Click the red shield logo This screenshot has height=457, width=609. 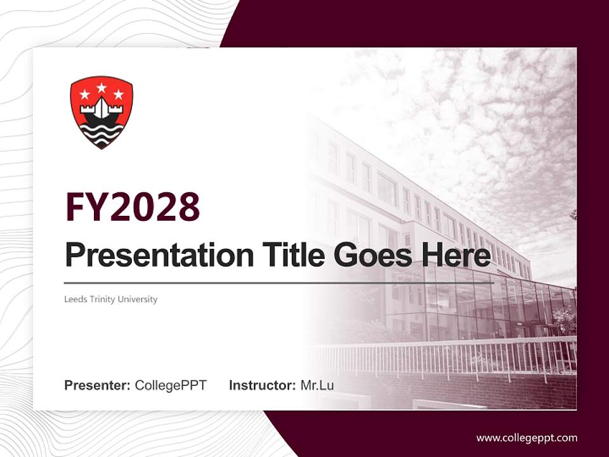click(x=101, y=112)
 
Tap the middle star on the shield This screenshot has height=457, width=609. click(x=101, y=88)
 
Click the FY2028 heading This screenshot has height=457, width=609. click(x=133, y=207)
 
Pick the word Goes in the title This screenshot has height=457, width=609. click(x=370, y=256)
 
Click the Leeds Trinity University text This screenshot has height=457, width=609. click(x=110, y=299)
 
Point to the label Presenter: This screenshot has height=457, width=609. click(x=98, y=385)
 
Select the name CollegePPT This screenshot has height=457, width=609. click(x=171, y=385)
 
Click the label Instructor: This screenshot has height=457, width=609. click(x=262, y=385)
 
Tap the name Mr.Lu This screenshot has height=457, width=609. click(x=317, y=385)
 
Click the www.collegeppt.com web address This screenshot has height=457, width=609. click(x=527, y=438)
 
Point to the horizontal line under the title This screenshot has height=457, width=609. click(x=279, y=283)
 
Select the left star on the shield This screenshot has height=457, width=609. click(x=85, y=95)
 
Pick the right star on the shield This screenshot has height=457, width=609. click(x=118, y=95)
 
